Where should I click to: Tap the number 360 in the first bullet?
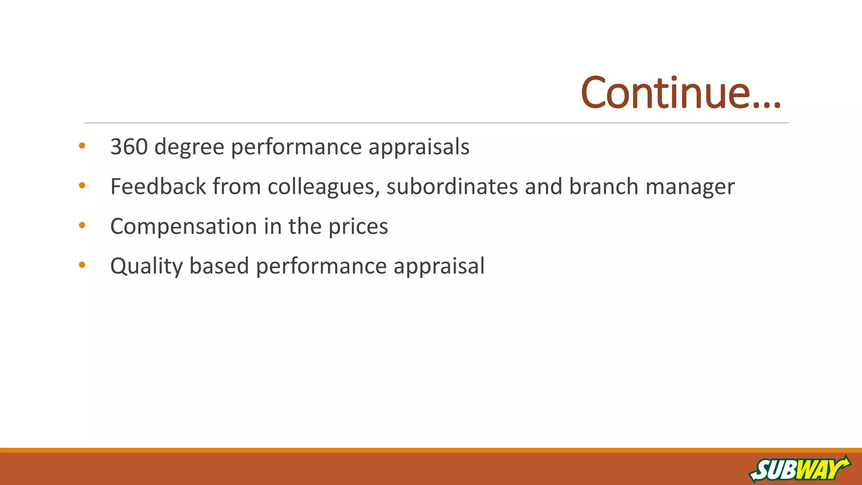point(129,147)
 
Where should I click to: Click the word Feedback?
point(158,187)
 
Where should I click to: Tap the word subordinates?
point(452,187)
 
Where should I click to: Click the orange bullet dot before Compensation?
point(82,225)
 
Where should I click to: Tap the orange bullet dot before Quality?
point(82,265)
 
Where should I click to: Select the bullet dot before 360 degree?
point(82,146)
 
